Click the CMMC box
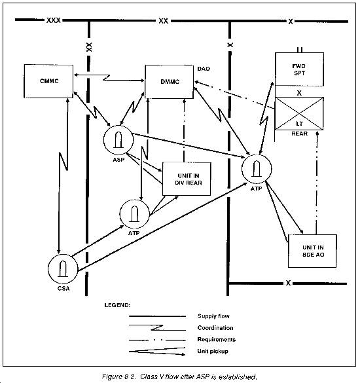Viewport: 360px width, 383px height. pyautogui.click(x=48, y=81)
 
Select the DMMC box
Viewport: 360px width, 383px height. pyautogui.click(x=170, y=82)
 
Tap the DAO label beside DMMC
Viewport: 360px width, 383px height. pyautogui.click(x=204, y=69)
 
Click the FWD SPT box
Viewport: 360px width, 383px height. pyautogui.click(x=299, y=69)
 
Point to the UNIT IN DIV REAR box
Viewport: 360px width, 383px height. pyautogui.click(x=187, y=179)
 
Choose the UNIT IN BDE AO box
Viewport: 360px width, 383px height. pyautogui.click(x=312, y=251)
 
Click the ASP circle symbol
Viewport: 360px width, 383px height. pyautogui.click(x=118, y=139)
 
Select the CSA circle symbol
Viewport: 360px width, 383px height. pyautogui.click(x=63, y=268)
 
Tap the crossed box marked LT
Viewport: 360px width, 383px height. pyautogui.click(x=299, y=113)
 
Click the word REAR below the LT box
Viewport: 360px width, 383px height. pyautogui.click(x=299, y=134)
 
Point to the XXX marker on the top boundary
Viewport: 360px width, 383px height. pyautogui.click(x=54, y=20)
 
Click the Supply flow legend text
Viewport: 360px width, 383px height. pyautogui.click(x=213, y=316)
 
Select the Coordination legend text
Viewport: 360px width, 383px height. pyautogui.click(x=215, y=328)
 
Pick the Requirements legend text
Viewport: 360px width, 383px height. pyautogui.click(x=217, y=340)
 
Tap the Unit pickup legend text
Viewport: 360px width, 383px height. pyautogui.click(x=213, y=351)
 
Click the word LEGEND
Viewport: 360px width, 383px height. pyautogui.click(x=117, y=305)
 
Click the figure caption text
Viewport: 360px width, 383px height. pyautogui.click(x=179, y=376)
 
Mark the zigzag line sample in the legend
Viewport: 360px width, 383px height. pyautogui.click(x=157, y=328)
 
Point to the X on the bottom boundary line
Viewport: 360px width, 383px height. pyautogui.click(x=288, y=283)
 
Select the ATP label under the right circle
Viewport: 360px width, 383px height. pyautogui.click(x=256, y=189)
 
